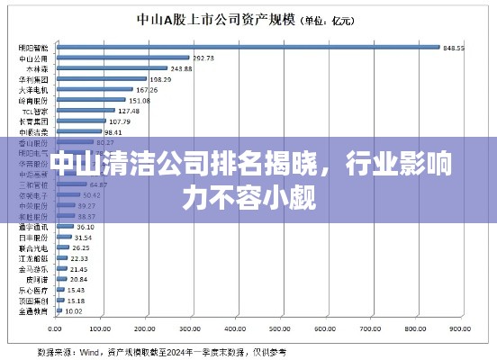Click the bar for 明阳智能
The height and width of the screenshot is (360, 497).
pyautogui.click(x=248, y=48)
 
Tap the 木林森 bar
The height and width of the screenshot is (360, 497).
pyautogui.click(x=112, y=68)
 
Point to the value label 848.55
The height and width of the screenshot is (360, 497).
pyautogui.click(x=453, y=48)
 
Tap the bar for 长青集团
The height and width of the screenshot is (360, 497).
pyautogui.click(x=81, y=121)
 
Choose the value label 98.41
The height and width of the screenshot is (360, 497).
pyautogui.click(x=113, y=131)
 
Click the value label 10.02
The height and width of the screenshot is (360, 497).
pyautogui.click(x=75, y=310)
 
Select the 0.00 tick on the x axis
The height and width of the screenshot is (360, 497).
pyautogui.click(x=57, y=329)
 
